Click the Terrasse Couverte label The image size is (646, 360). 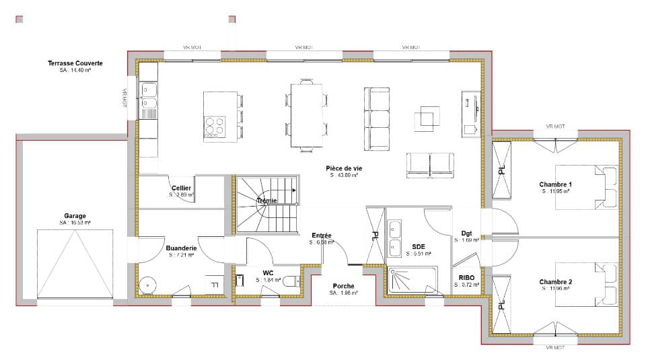[x=75, y=63]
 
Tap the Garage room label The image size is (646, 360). [x=75, y=216]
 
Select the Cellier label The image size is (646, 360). [x=181, y=188]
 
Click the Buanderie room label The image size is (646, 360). [x=180, y=248]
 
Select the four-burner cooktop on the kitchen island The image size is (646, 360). [x=214, y=127]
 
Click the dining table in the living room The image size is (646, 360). [x=306, y=114]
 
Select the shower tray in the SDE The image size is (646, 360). [x=411, y=281]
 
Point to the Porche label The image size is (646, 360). [x=344, y=286]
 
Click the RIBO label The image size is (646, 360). [x=467, y=277]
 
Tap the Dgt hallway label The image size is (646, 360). [x=466, y=233]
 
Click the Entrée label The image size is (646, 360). [x=321, y=235]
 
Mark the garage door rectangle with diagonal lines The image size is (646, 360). [x=75, y=263]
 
